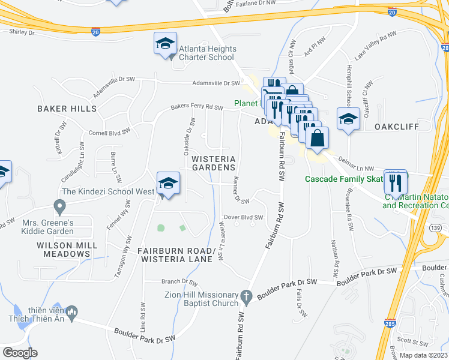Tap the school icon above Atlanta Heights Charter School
[x=165, y=43]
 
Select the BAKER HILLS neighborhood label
[x=67, y=109]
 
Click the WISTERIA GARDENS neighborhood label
[x=213, y=163]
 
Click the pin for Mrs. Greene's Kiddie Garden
[x=59, y=207]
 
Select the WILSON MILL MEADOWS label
[x=62, y=250]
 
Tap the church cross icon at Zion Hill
[x=246, y=296]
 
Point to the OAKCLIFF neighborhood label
[x=395, y=127]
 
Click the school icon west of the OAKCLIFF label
[x=348, y=119]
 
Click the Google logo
[x=20, y=352]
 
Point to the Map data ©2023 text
[x=423, y=355]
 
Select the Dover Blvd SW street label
[x=244, y=217]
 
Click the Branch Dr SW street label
[x=179, y=281]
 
